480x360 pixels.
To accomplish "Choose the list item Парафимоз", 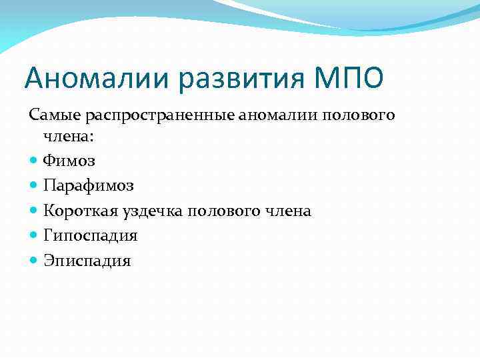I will pyautogui.click(x=89, y=185).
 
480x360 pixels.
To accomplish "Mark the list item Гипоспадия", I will pyautogui.click(x=90, y=236).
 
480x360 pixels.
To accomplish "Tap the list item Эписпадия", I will pyautogui.click(x=87, y=261).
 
